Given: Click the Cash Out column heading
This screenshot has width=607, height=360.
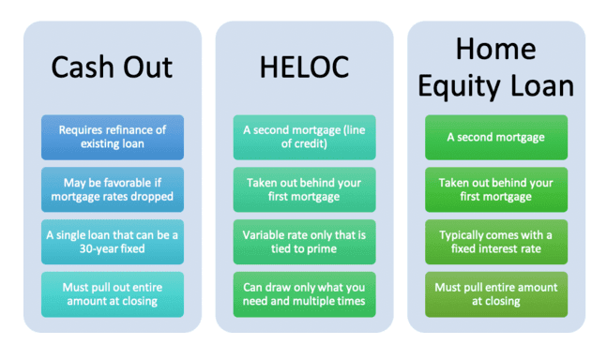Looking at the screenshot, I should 113,68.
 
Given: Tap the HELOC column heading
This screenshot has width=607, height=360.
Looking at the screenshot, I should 304,68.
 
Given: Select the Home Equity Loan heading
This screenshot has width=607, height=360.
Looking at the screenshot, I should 495,67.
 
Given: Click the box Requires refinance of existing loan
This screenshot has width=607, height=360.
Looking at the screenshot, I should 113,137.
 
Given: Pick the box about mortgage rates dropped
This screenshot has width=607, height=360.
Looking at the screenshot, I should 113,189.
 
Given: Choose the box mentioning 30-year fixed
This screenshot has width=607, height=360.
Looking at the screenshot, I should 113,242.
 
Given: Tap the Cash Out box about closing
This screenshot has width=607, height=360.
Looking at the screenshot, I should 113,294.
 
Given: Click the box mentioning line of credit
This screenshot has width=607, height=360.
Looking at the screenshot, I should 304,137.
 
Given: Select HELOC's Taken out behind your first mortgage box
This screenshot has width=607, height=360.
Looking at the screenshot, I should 304,189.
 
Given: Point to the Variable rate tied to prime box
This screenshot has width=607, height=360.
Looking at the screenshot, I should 304,242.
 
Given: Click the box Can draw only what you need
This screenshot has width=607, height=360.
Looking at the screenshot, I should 304,294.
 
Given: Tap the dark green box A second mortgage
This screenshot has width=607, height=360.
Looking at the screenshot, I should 495,137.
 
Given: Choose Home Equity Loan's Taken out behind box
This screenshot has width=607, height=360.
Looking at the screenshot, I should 495,189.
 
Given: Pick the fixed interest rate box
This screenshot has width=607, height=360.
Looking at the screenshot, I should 495,242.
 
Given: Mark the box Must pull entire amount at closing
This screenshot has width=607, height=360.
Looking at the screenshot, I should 495,294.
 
